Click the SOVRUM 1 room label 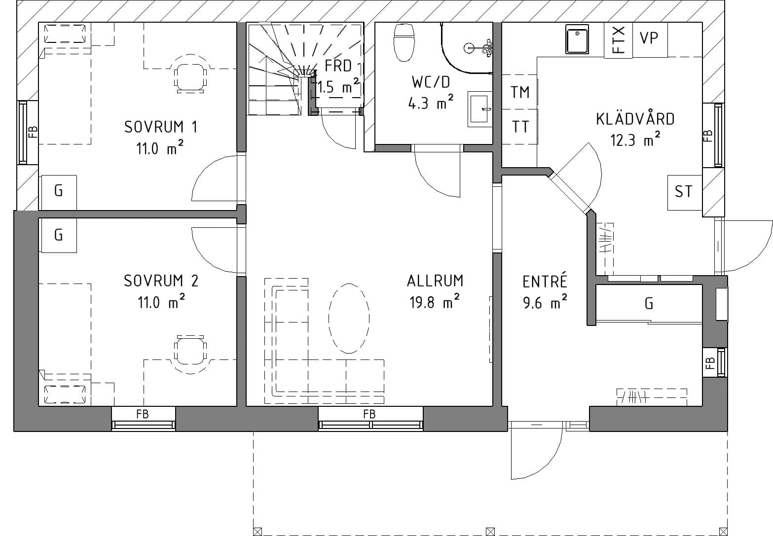[161, 127]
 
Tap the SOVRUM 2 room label [161, 281]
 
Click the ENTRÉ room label [545, 282]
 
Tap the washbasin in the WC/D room [479, 108]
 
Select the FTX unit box [618, 40]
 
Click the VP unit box [649, 38]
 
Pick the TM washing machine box [519, 92]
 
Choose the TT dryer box [519, 127]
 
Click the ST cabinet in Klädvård [684, 192]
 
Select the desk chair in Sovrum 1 [190, 76]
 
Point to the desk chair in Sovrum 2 [190, 353]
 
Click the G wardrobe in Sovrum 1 [58, 191]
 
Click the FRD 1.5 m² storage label [338, 76]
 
